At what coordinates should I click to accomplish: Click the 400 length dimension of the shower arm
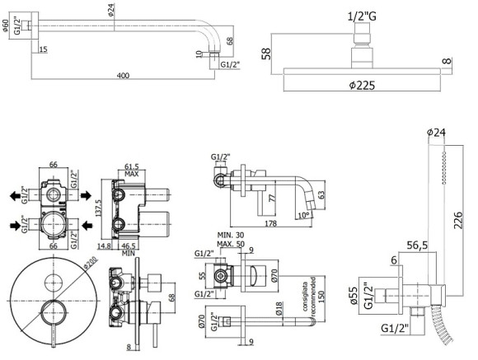(x=123, y=76)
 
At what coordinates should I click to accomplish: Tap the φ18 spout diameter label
(x=278, y=310)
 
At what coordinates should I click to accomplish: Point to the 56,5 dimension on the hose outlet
(x=418, y=245)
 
